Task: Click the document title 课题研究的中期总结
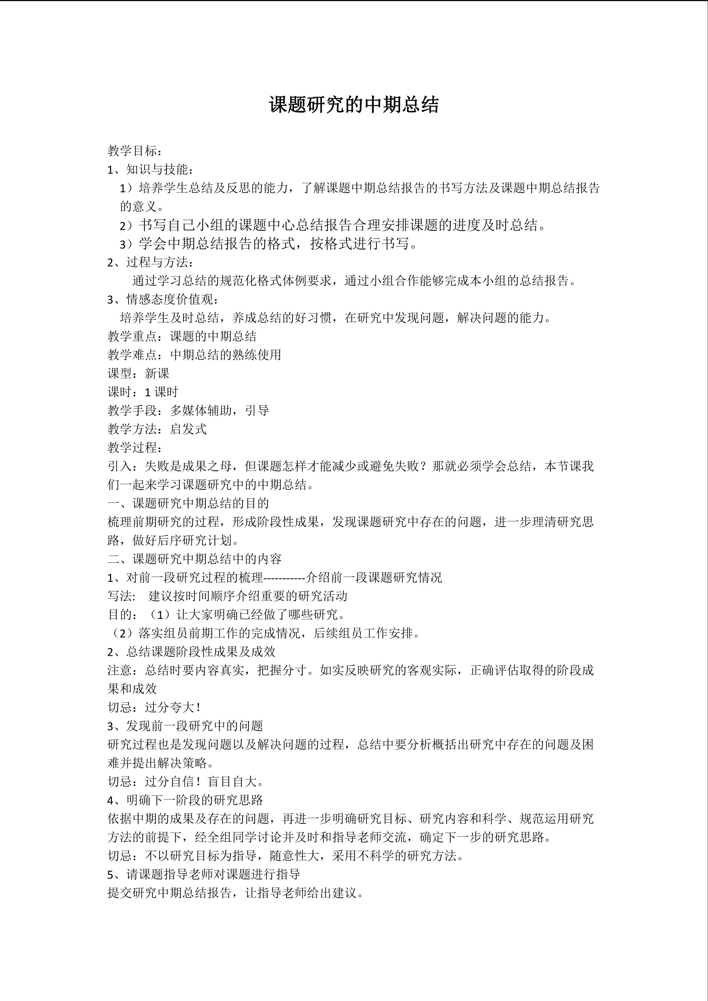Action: (354, 105)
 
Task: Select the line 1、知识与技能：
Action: (150, 169)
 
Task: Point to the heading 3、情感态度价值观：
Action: (163, 299)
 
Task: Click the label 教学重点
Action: (132, 336)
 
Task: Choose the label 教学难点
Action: (132, 355)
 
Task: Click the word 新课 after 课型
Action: (157, 374)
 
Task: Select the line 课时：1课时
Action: (143, 392)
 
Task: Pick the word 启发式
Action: (188, 429)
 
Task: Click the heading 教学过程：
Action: (136, 448)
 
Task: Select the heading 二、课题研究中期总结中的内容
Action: (194, 559)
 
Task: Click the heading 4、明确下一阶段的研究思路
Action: (185, 800)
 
